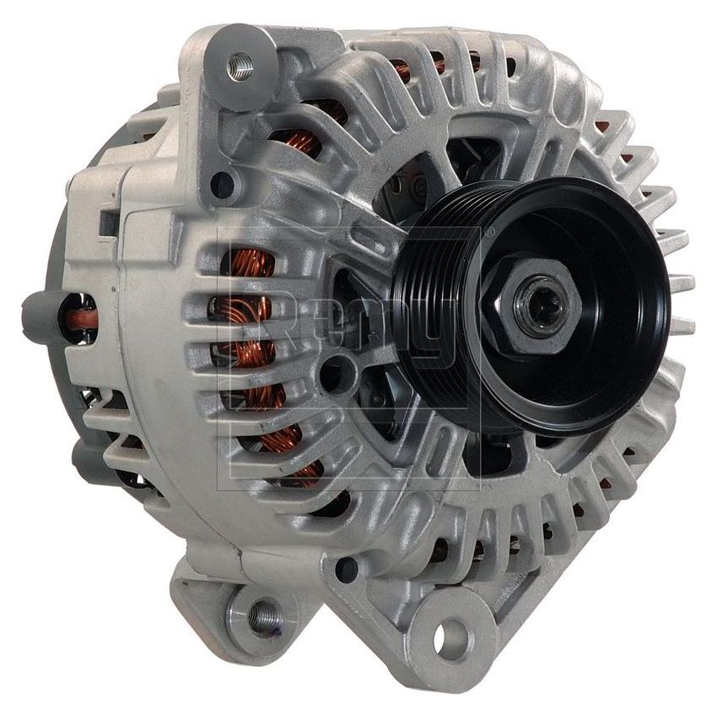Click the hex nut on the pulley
pos(531,294)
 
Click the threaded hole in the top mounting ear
pos(240,65)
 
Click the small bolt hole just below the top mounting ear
pos(223,181)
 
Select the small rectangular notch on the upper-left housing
pos(108,221)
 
